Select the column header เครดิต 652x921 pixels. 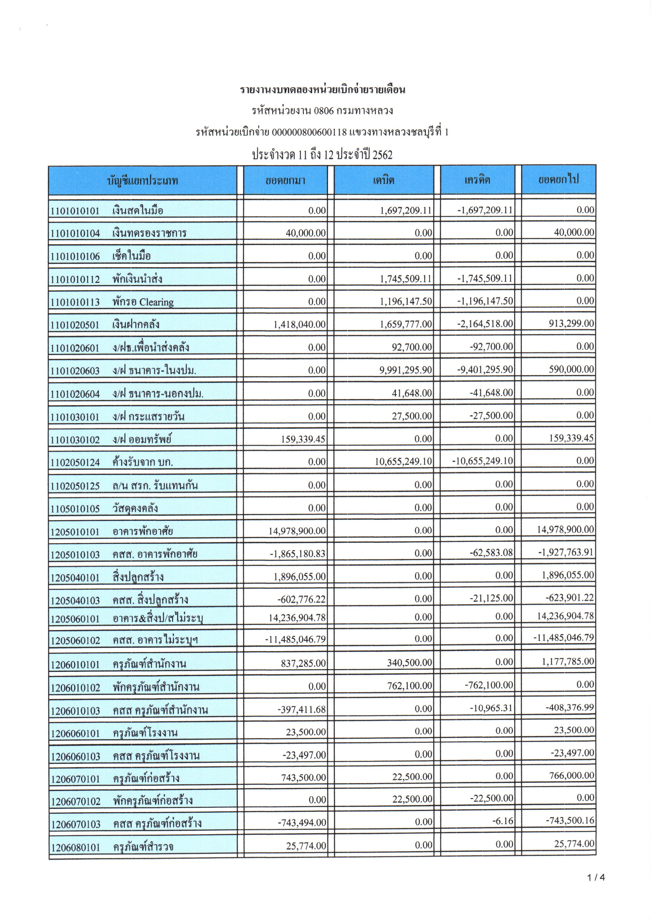tap(477, 180)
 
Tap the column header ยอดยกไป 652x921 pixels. tap(558, 180)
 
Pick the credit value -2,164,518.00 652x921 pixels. tap(485, 324)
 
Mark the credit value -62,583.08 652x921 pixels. tap(491, 553)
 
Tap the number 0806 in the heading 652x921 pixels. tap(324, 111)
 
